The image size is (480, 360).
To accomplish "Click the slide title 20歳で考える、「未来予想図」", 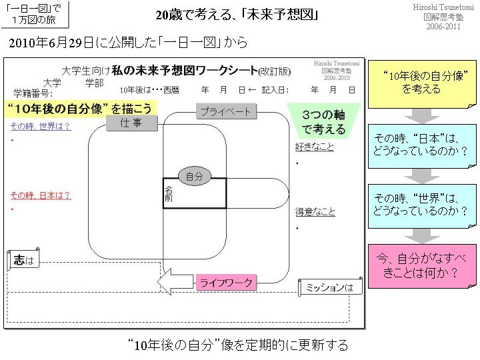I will click(237, 15).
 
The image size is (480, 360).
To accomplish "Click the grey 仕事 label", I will click(131, 123).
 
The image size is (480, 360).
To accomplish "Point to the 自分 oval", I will click(195, 177).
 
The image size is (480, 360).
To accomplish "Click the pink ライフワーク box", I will click(227, 283).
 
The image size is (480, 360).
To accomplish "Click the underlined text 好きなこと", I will click(315, 147).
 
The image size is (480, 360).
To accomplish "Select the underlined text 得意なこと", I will click(315, 213).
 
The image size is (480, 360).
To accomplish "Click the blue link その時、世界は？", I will click(41, 126).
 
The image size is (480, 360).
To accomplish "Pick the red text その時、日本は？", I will click(41, 196).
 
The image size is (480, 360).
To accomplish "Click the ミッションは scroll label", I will click(329, 287).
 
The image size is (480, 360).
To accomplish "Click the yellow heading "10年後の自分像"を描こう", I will click(80, 108).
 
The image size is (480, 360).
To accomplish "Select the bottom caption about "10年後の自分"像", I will click(238, 345).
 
